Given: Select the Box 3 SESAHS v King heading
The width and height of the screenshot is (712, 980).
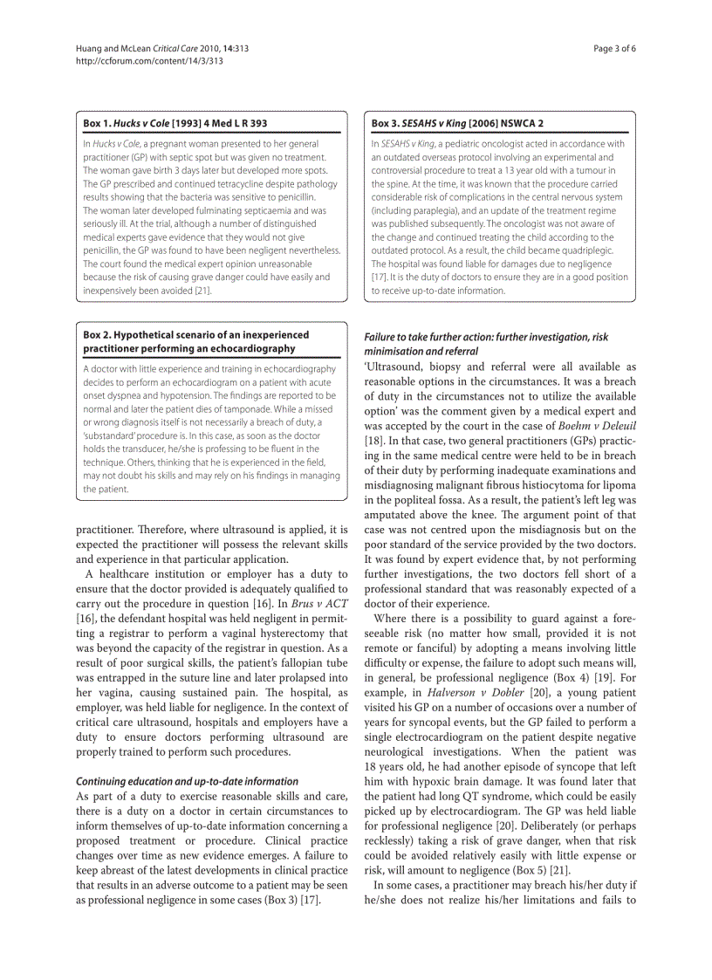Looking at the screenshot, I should (456, 123).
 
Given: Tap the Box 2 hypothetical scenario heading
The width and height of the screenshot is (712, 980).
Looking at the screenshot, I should (195, 341).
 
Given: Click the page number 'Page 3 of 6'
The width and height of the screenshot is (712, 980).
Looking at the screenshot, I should (614, 49).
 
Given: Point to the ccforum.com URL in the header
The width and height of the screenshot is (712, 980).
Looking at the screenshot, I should (149, 61).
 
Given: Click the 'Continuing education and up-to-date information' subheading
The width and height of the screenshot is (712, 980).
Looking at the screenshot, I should (187, 781).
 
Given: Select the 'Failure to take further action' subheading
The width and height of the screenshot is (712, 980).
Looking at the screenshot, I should (486, 337).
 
